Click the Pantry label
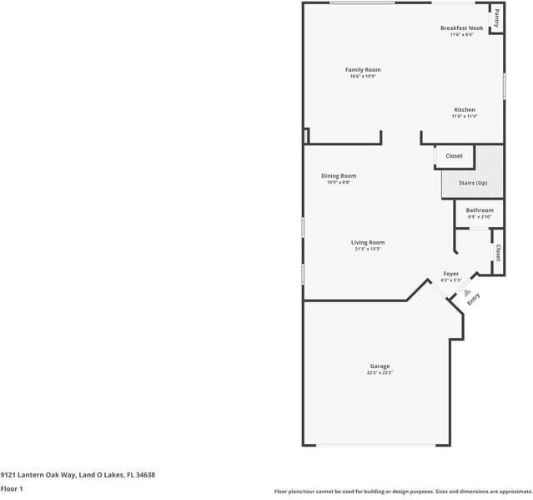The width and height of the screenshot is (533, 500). [496, 17]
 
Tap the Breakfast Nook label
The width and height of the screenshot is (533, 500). [461, 28]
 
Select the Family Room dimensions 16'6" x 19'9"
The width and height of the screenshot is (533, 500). [363, 77]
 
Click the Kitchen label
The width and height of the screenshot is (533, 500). [464, 110]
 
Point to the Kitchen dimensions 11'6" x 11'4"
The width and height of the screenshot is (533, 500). [464, 117]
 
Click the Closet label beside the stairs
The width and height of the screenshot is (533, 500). [454, 156]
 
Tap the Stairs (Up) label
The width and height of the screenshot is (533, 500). [473, 183]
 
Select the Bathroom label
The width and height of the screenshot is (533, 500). [480, 210]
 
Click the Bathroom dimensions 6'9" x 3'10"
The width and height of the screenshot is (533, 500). [480, 217]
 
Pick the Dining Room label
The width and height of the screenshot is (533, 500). [339, 175]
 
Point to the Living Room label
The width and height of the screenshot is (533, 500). [367, 242]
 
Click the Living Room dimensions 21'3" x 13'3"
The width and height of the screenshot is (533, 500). [367, 249]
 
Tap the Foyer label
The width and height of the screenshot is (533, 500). [450, 273]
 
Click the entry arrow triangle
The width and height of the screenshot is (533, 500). [456, 292]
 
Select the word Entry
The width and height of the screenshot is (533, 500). [473, 298]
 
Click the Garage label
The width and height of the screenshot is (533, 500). [380, 366]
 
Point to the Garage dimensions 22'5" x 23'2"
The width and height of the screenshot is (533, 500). [380, 372]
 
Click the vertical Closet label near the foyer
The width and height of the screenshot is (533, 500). [498, 252]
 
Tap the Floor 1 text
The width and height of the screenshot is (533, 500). [12, 488]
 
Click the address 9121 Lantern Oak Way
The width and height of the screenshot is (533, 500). [38, 475]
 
